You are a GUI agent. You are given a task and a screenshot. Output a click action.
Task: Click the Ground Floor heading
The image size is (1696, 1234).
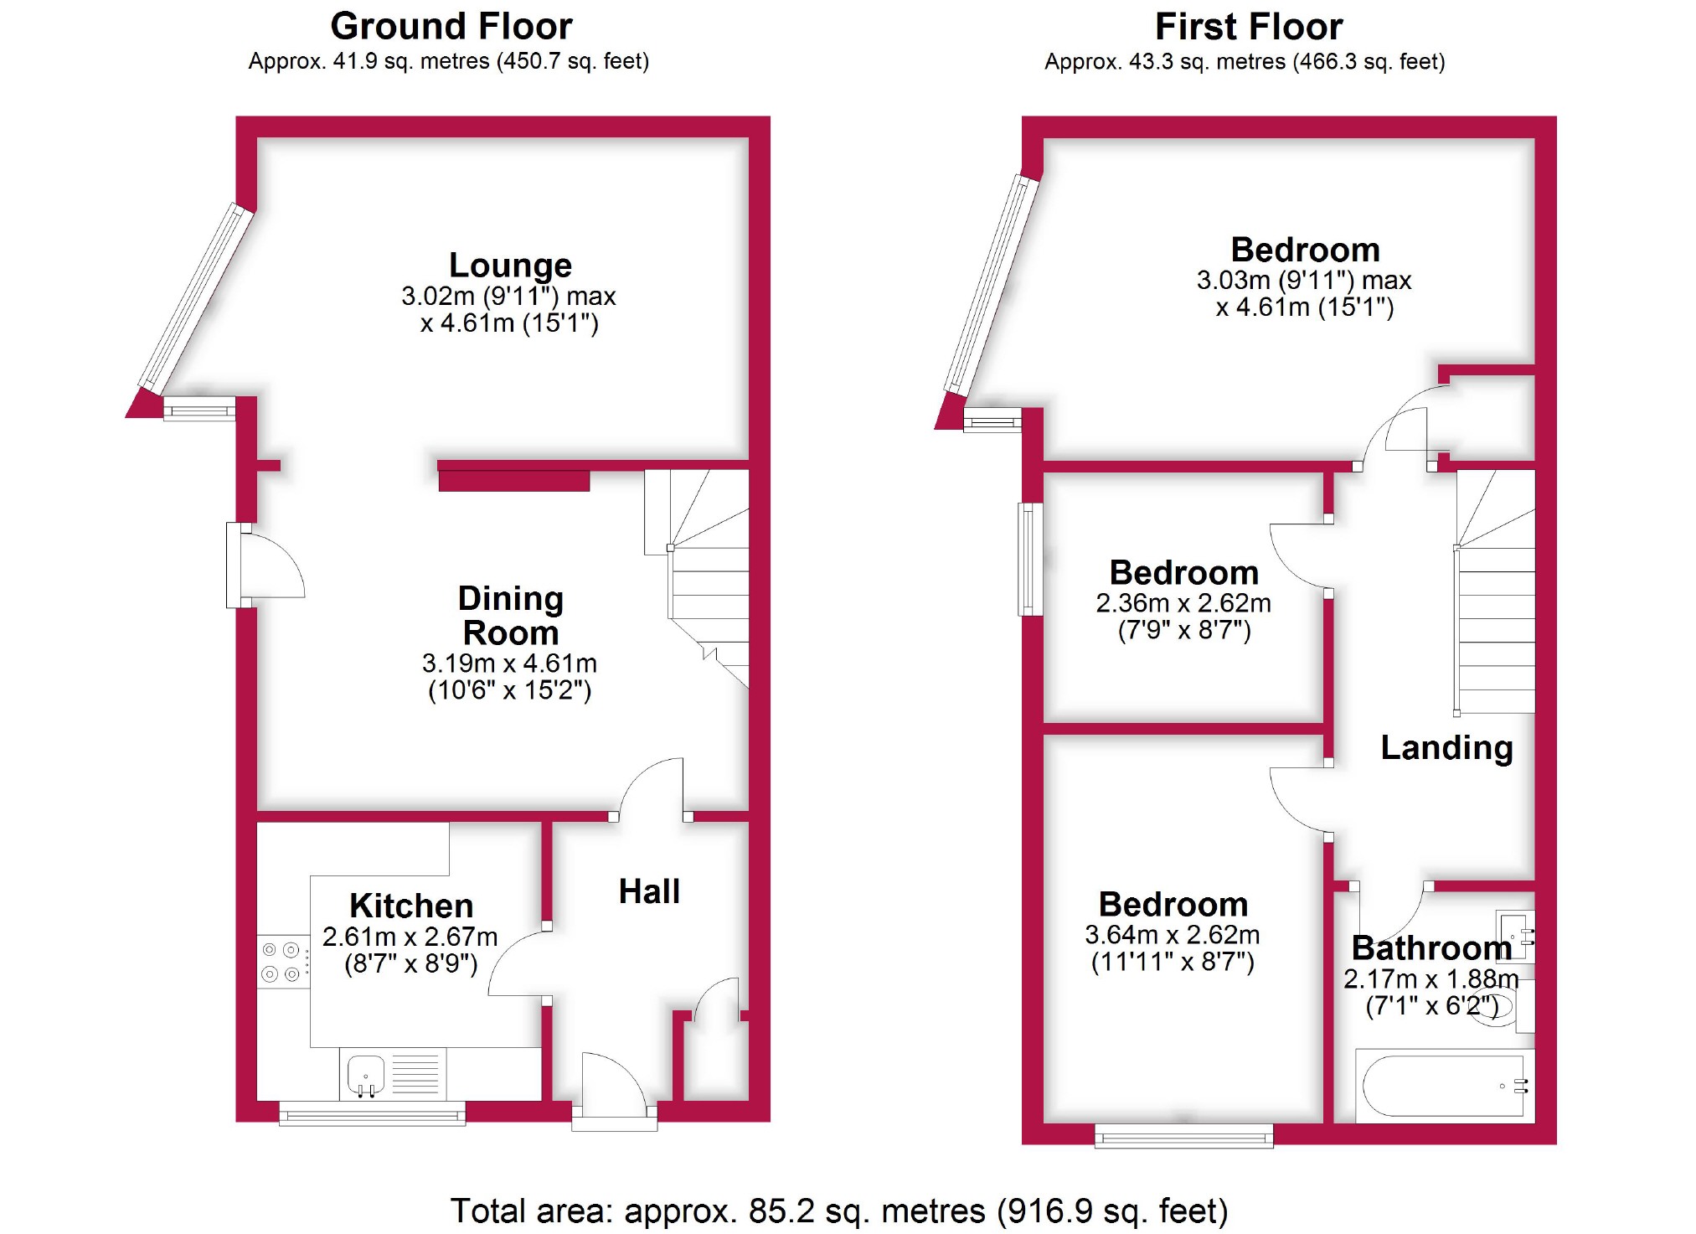pos(451,27)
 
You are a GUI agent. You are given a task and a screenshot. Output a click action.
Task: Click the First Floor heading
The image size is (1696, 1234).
pos(1248,27)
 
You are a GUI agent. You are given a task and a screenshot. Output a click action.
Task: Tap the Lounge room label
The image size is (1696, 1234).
pos(510,266)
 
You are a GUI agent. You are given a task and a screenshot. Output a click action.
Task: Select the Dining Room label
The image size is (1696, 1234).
pos(510,616)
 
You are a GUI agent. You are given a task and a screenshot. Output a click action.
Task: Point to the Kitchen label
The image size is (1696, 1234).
pos(411,906)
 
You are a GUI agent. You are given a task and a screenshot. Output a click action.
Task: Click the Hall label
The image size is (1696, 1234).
pos(649,891)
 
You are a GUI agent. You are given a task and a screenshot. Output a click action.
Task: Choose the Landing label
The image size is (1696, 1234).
pos(1446,747)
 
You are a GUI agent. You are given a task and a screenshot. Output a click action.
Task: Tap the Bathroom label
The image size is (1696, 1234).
pos(1431,947)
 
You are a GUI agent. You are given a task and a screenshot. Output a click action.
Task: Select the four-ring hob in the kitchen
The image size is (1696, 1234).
pos(281,962)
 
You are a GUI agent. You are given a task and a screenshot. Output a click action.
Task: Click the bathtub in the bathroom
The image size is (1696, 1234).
pos(1442,1086)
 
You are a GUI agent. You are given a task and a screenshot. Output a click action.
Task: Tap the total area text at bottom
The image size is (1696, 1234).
pos(838,1211)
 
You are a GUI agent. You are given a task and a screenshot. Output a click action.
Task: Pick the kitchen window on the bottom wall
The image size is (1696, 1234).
pos(372,1114)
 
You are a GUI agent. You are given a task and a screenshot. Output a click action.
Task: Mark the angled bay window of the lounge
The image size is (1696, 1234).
pos(196,298)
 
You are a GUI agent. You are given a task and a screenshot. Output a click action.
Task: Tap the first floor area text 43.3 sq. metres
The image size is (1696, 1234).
pos(1245,62)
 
